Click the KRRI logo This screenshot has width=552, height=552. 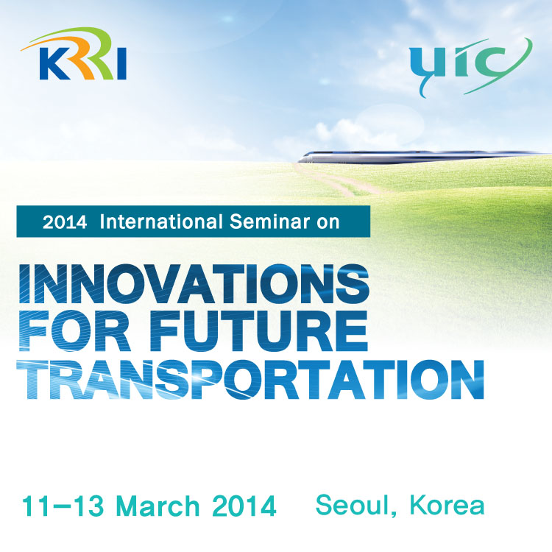[x=74, y=54]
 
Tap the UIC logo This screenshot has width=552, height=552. [x=471, y=67]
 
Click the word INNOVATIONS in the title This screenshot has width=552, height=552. [x=194, y=284]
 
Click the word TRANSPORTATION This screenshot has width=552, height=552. [x=250, y=380]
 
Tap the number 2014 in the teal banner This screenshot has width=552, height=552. [x=65, y=222]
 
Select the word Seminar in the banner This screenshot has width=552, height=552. [x=269, y=222]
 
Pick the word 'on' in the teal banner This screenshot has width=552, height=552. [x=328, y=224]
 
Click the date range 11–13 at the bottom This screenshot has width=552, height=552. [x=63, y=506]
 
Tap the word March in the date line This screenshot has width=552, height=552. [x=158, y=506]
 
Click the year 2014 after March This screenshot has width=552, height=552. [x=244, y=506]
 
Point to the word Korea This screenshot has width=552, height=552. [x=447, y=505]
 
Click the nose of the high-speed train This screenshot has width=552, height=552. [x=302, y=159]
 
